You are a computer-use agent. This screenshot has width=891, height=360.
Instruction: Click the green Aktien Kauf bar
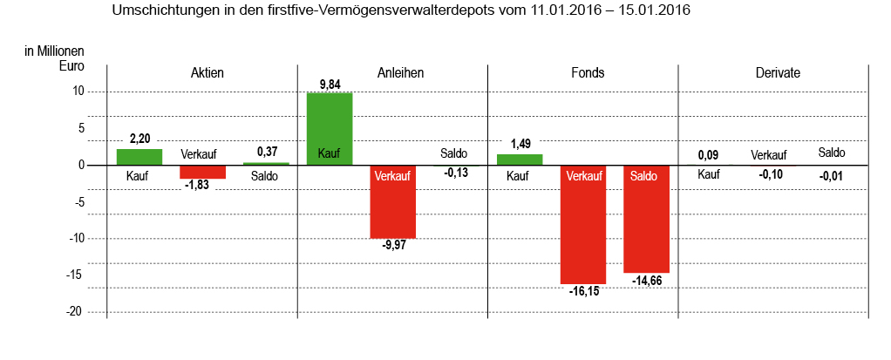(139, 157)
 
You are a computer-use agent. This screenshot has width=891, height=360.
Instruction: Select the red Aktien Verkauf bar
(203, 172)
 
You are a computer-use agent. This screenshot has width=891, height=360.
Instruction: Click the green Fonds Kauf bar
(520, 160)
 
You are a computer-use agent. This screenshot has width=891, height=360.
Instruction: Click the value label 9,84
(330, 85)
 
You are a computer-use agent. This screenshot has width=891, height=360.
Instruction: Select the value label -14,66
(647, 281)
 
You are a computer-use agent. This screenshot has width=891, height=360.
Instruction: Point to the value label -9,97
(394, 245)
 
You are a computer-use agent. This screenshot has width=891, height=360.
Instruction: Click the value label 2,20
(139, 139)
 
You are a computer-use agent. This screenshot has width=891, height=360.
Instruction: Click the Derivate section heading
(778, 73)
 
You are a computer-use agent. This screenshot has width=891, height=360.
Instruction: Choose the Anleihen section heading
(400, 73)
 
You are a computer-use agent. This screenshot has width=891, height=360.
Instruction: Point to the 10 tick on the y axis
(78, 91)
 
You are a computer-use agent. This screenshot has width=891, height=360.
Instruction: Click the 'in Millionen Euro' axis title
(54, 58)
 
